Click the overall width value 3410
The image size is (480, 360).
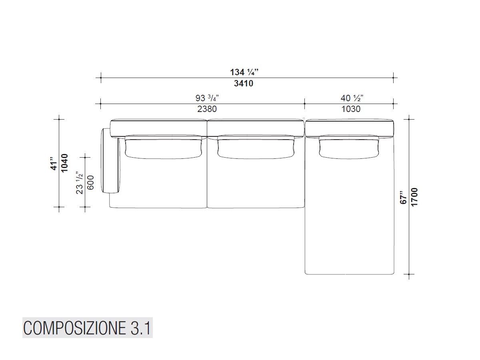pyautogui.click(x=243, y=84)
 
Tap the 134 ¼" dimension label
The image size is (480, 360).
pyautogui.click(x=244, y=72)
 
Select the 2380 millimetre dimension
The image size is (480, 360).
pyautogui.click(x=207, y=109)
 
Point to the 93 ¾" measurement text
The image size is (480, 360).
pyautogui.click(x=207, y=98)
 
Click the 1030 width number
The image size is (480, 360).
pyautogui.click(x=350, y=109)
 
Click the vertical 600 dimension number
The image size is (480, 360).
pyautogui.click(x=90, y=183)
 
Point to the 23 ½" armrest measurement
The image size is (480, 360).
pyautogui.click(x=80, y=183)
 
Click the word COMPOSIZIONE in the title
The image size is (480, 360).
pyautogui.click(x=74, y=329)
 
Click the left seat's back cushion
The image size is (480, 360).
pyautogui.click(x=163, y=147)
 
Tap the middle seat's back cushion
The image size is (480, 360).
pyautogui.click(x=256, y=147)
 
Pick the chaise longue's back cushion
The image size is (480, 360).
pyautogui.click(x=349, y=147)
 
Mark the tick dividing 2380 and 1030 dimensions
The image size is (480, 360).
pyautogui.click(x=305, y=104)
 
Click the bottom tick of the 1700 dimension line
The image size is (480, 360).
pyautogui.click(x=409, y=274)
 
